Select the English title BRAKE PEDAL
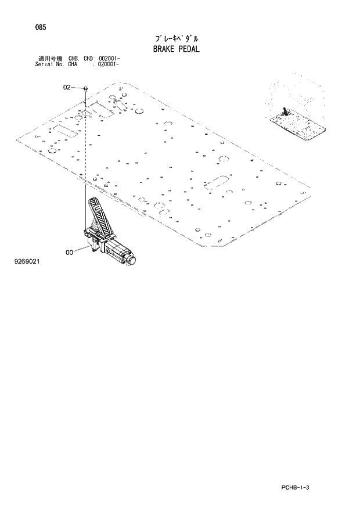(176, 49)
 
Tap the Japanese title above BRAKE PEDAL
(176, 38)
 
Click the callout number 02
(67, 87)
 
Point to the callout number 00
(70, 252)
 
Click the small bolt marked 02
(86, 88)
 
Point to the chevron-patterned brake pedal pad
(98, 214)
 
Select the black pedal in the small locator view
(284, 111)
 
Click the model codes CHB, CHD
(81, 59)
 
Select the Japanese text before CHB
(51, 59)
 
